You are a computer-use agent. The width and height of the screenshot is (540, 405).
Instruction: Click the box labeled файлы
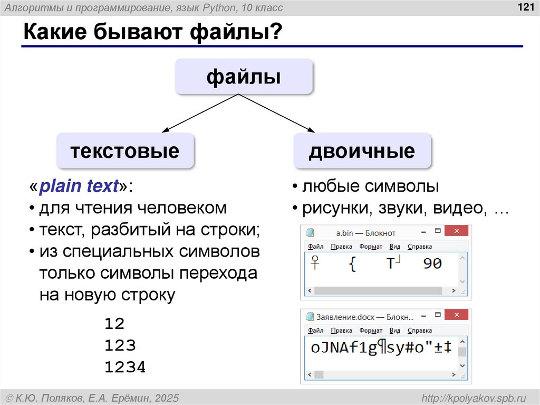click(x=244, y=77)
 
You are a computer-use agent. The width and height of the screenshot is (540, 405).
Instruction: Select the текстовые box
click(x=125, y=151)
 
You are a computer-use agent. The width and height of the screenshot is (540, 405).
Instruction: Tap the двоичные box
click(x=362, y=151)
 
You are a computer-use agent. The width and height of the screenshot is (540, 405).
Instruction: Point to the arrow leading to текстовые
click(x=200, y=113)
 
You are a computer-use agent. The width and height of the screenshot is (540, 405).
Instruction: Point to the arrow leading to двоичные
click(x=277, y=113)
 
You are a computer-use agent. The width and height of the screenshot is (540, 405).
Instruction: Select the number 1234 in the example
click(x=125, y=368)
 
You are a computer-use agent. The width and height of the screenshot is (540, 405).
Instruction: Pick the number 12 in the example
click(x=114, y=323)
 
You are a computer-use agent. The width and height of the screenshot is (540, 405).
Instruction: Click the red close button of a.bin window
click(x=457, y=232)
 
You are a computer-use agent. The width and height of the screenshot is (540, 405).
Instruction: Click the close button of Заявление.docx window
click(x=457, y=316)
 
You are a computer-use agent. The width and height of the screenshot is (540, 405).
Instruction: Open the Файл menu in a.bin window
click(x=315, y=247)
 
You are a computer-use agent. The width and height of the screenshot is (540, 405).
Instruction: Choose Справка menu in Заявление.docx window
click(x=420, y=331)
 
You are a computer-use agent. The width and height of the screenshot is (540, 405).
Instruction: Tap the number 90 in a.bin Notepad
click(x=432, y=263)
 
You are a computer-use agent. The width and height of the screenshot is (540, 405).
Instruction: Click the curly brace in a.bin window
click(x=352, y=264)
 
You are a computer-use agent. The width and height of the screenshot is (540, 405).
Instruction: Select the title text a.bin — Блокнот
click(x=365, y=232)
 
